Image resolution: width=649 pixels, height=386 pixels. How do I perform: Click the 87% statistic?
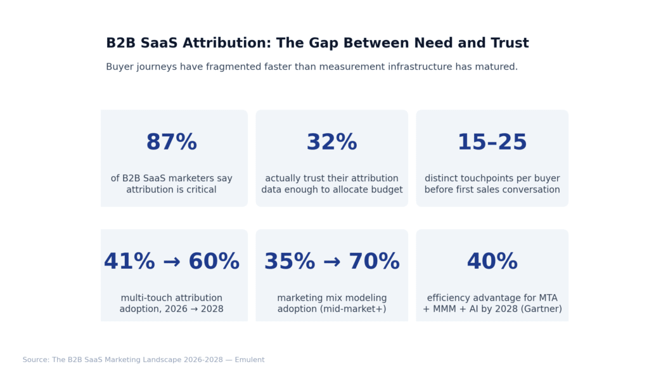coord(171,143)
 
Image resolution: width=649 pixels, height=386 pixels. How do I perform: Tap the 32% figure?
coord(331,143)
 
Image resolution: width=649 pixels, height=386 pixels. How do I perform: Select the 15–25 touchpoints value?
coord(492,143)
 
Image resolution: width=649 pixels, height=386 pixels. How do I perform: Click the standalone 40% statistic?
coord(492,262)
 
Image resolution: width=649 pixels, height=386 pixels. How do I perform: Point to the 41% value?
coord(129,262)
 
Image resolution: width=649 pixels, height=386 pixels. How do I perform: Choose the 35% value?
coord(290,262)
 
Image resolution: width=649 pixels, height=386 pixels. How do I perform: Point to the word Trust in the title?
coord(510,43)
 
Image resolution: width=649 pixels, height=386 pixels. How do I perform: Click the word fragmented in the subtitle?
coord(254,67)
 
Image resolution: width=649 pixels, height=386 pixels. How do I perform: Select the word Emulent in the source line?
coord(250,360)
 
